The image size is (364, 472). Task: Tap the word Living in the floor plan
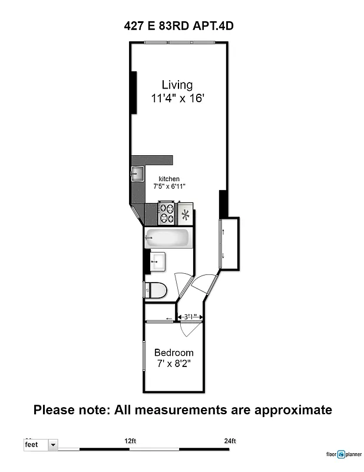(x=177, y=85)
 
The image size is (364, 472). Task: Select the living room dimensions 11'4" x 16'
(x=177, y=99)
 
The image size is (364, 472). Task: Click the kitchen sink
(x=137, y=173)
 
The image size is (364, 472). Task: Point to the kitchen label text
(x=169, y=179)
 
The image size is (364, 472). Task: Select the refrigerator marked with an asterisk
(x=186, y=214)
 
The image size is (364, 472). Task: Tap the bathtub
(x=168, y=238)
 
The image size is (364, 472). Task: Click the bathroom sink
(x=157, y=261)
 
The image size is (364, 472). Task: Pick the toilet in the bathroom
(x=155, y=290)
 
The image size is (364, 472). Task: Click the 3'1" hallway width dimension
(x=190, y=317)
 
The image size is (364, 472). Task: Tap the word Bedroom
(x=174, y=353)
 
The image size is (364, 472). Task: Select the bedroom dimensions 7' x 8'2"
(x=174, y=365)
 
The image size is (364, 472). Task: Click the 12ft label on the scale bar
(x=130, y=441)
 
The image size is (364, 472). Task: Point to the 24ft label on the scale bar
(x=230, y=441)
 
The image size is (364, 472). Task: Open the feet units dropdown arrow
(x=53, y=444)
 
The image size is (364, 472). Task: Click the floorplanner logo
(x=344, y=454)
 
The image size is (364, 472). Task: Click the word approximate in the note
(x=289, y=409)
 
